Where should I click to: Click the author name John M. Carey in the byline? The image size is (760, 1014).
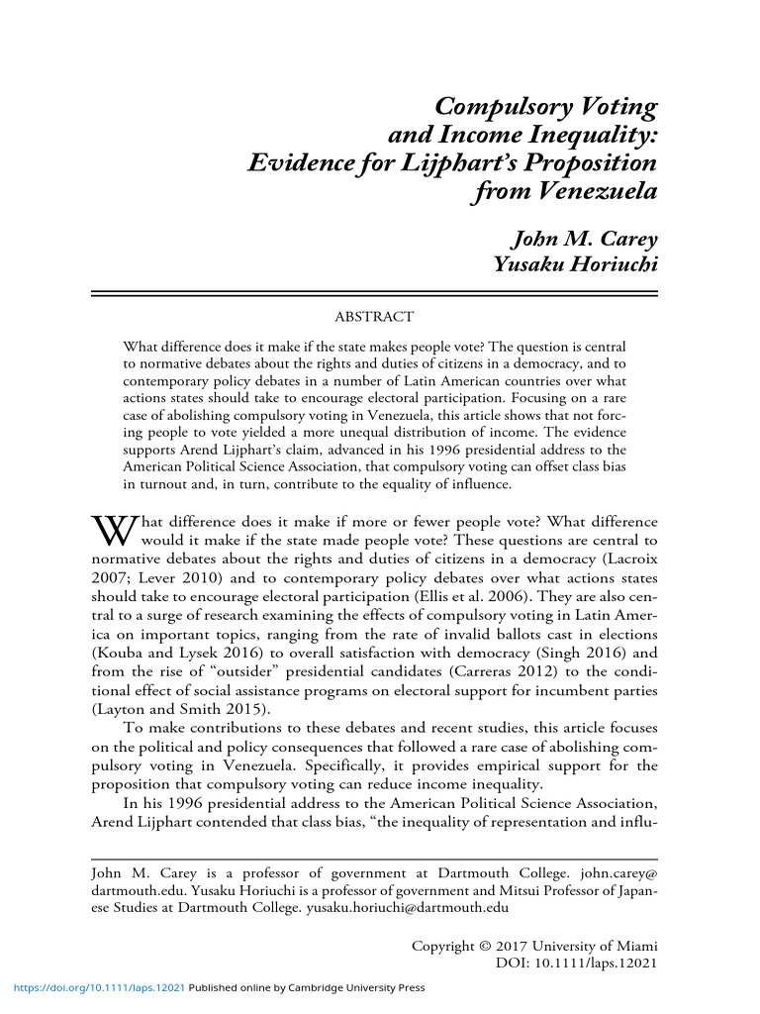click(x=583, y=239)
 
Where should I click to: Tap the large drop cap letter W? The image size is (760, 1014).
click(x=113, y=531)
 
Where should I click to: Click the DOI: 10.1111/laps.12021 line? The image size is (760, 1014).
click(x=576, y=963)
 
